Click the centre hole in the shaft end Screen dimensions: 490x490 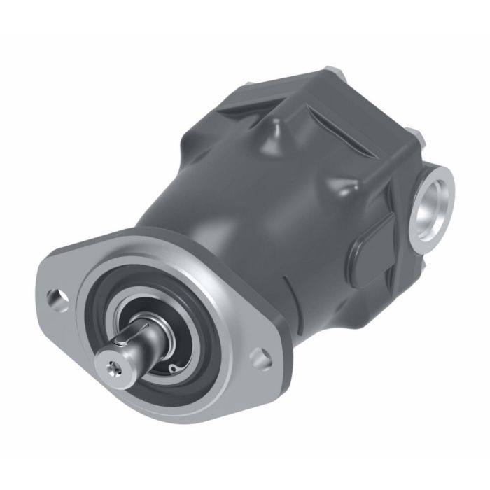point(115,366)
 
